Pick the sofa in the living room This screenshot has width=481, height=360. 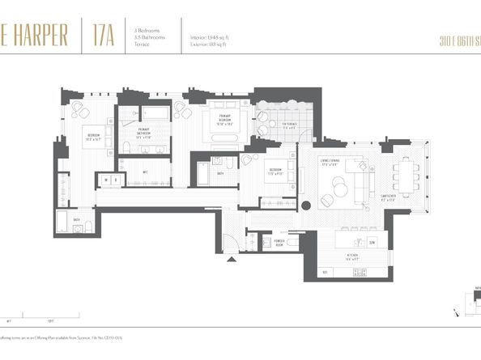click(x=354, y=179)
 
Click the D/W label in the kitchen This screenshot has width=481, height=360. click(x=372, y=242)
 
